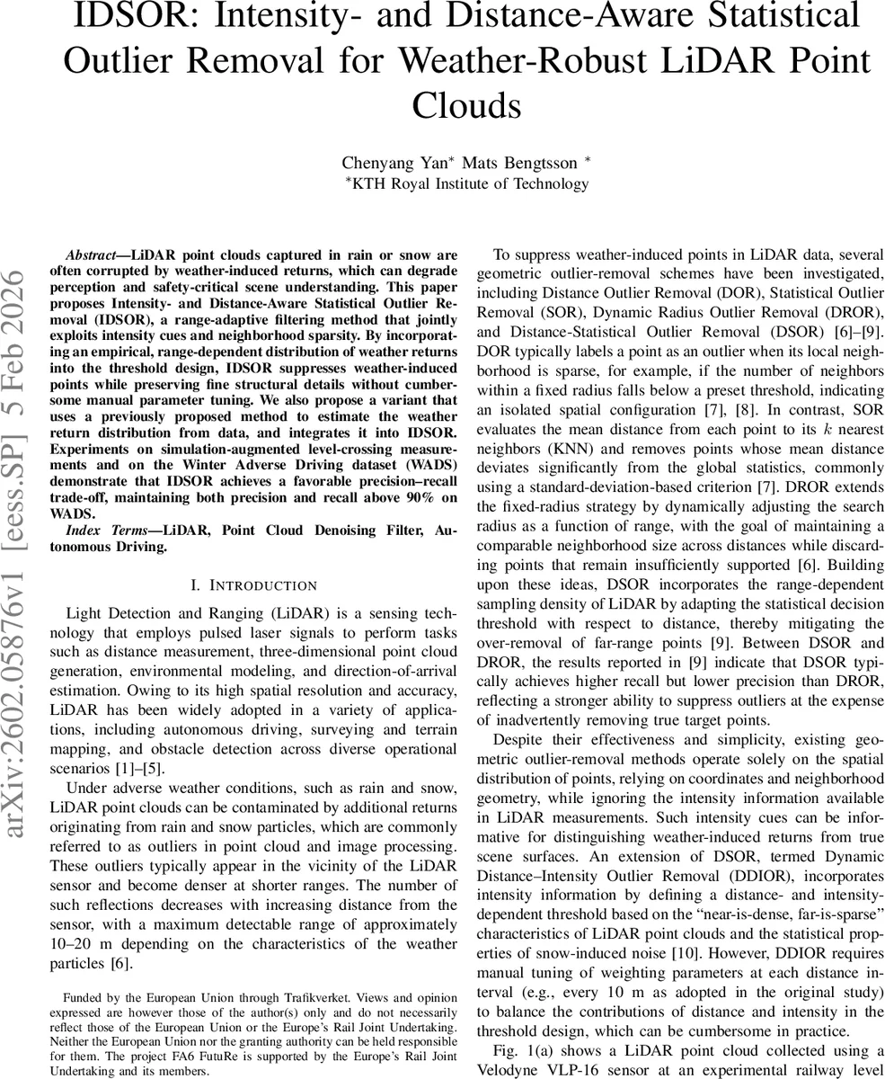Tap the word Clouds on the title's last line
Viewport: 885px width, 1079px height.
(466, 106)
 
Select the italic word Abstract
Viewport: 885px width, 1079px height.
(96, 254)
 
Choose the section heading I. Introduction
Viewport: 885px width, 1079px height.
(254, 585)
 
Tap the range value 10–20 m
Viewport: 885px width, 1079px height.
(58, 946)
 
